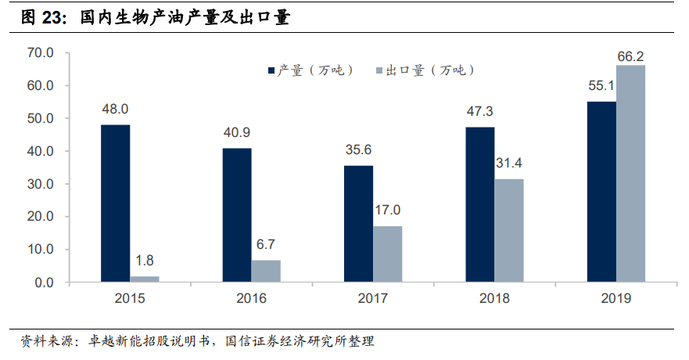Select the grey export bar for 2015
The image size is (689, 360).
[145, 279]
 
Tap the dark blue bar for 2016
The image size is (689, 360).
[236, 215]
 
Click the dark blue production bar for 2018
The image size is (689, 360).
[480, 204]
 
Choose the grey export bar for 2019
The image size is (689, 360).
[630, 174]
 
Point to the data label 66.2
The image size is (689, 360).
[630, 56]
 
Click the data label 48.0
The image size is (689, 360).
[115, 109]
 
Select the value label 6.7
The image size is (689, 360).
[266, 243]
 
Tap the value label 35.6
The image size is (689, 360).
[358, 149]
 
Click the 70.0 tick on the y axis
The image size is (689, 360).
[39, 53]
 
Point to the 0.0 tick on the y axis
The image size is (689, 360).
[42, 283]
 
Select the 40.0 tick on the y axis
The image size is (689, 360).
[39, 151]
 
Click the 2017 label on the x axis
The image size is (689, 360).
[372, 298]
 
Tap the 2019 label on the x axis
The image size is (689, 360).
[615, 298]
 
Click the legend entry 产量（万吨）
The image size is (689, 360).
[312, 70]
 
